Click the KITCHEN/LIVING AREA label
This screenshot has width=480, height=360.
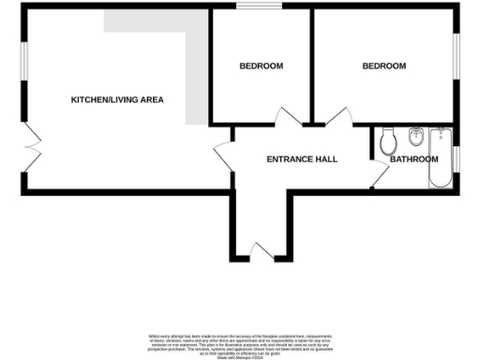118,98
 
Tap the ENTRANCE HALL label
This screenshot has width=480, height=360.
302,158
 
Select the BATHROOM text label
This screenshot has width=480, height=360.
413,159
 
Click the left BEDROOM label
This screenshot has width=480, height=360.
261,66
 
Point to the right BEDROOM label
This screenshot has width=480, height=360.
384,66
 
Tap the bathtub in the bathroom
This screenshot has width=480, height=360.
441,158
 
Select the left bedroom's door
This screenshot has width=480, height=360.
289,118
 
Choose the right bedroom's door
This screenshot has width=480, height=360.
337,118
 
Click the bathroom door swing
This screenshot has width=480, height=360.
378,174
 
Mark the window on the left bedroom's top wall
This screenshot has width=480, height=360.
250,9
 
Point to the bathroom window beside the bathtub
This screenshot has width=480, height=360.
458,159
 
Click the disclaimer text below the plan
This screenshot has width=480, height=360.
240,343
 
